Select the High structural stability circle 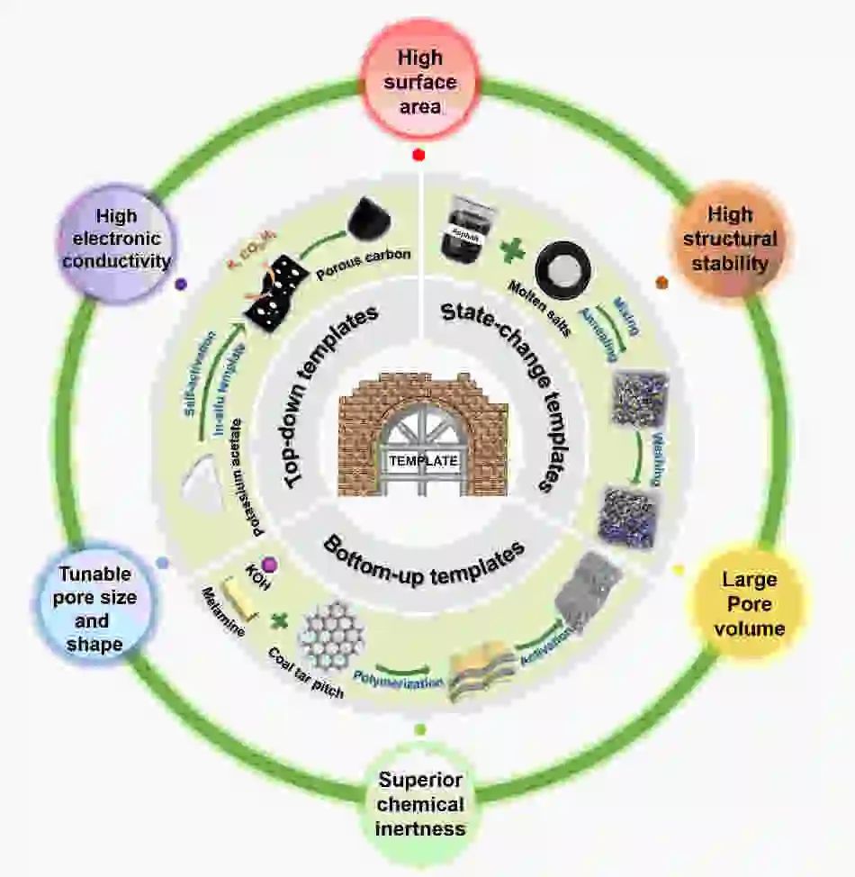pyautogui.click(x=729, y=240)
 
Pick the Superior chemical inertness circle pyautogui.click(x=420, y=803)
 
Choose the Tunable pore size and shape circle pyautogui.click(x=94, y=610)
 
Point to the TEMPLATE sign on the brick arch pyautogui.click(x=423, y=460)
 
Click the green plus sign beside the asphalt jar pyautogui.click(x=513, y=249)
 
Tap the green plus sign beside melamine pyautogui.click(x=281, y=620)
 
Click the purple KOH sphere pyautogui.click(x=269, y=564)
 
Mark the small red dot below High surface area pyautogui.click(x=418, y=155)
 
